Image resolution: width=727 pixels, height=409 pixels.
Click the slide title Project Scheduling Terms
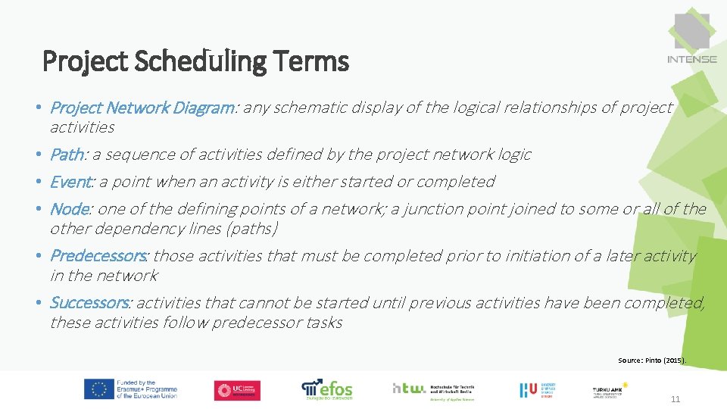coord(195,61)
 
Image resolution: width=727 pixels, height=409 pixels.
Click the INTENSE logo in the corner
coord(691,39)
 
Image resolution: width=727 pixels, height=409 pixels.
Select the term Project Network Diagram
coord(142,108)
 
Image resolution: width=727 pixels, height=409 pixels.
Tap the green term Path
coord(67,155)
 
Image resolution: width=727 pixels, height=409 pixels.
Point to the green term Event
coord(70,182)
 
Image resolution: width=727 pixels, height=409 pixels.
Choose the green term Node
coord(70,209)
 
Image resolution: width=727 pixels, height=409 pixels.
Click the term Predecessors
coord(98,256)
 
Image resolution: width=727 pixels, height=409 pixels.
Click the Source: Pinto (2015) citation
coord(651,361)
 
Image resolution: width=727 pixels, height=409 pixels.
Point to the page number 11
coord(676,399)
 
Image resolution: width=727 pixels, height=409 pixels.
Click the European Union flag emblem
coord(99,389)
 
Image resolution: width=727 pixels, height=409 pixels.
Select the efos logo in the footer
coord(327,389)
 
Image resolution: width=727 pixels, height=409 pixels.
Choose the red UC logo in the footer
coord(236,390)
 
